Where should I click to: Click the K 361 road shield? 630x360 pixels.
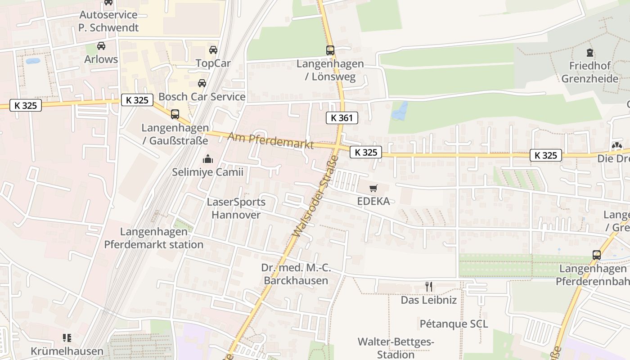[x=342, y=118]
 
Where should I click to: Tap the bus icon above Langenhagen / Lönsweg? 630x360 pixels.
[x=330, y=50]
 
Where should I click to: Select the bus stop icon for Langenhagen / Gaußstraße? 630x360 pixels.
[x=175, y=114]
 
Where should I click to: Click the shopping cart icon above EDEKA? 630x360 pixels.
[x=373, y=189]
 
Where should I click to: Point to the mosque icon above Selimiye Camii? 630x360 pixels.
[x=208, y=159]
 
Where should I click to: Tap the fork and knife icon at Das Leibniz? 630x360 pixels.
[x=429, y=287]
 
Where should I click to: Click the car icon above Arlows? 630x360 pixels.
[x=101, y=46]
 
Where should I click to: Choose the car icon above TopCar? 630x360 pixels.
[x=213, y=50]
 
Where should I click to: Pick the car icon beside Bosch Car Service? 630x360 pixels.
[x=202, y=83]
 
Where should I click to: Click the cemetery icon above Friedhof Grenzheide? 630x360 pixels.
[x=590, y=53]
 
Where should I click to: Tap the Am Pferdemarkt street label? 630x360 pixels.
[x=270, y=141]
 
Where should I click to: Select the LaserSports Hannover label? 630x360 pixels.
[x=236, y=208]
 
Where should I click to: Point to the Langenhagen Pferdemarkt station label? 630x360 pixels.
[x=154, y=238]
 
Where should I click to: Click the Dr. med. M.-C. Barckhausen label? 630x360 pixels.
[x=296, y=274]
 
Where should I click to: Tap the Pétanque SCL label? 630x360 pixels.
[x=454, y=324]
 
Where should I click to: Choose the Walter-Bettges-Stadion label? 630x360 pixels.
[x=396, y=348]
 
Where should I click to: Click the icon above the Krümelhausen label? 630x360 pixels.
[x=67, y=337]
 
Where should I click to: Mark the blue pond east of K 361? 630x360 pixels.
[x=400, y=111]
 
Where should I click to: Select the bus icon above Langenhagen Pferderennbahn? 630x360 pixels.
[x=597, y=255]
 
